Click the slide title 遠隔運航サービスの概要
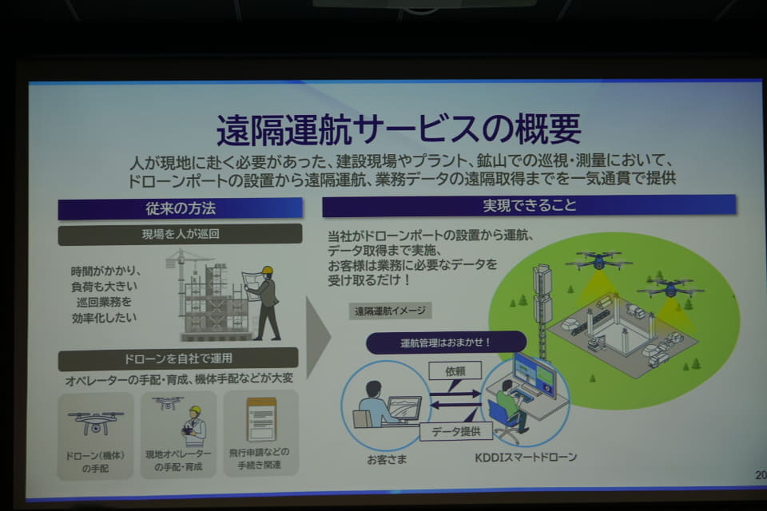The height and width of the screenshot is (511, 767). click(399, 129)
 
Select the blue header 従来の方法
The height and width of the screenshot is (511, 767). click(180, 209)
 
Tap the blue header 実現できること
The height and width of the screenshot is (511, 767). click(529, 205)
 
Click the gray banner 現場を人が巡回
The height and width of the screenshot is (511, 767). click(180, 234)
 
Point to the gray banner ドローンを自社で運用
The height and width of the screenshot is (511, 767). click(178, 358)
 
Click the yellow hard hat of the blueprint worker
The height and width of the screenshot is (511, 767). click(267, 271)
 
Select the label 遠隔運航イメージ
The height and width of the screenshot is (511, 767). click(390, 311)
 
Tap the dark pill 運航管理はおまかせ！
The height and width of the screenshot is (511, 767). click(446, 343)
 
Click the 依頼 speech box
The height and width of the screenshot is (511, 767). click(455, 371)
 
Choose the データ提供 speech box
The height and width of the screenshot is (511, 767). click(456, 431)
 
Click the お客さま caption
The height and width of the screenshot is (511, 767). click(387, 460)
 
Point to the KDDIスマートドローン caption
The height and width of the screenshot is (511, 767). click(526, 458)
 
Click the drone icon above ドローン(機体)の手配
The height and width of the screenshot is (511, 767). click(96, 422)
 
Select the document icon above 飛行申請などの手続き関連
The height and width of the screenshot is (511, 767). click(262, 419)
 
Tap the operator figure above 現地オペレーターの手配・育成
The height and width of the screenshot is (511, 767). click(193, 426)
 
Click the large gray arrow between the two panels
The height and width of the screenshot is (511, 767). click(318, 337)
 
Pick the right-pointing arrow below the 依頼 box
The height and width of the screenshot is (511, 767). click(455, 393)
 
